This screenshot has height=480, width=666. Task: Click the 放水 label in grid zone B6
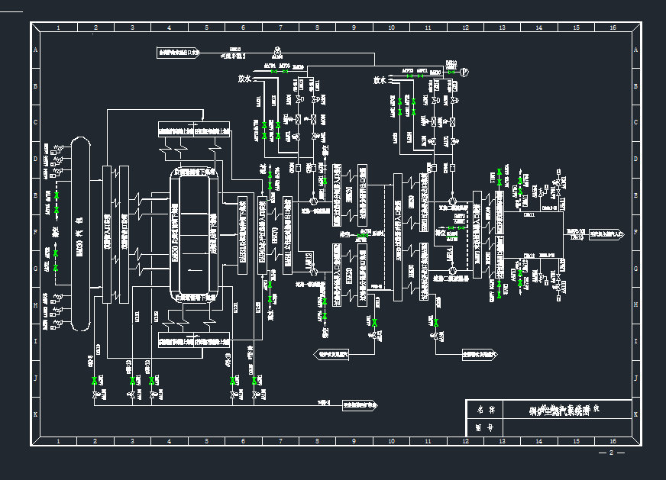pyautogui.click(x=244, y=79)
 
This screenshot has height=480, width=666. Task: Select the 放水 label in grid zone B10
pyautogui.click(x=380, y=79)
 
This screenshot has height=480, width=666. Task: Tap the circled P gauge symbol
pyautogui.click(x=463, y=72)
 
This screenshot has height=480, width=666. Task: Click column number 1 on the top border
pyautogui.click(x=58, y=27)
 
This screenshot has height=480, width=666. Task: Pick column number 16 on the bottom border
pyautogui.click(x=613, y=441)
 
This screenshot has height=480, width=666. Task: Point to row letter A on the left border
pyautogui.click(x=35, y=51)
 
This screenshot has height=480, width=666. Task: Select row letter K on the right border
pyautogui.click(x=635, y=414)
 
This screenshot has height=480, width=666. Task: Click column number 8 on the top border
pyautogui.click(x=317, y=27)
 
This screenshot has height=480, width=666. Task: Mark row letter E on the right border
pyautogui.click(x=635, y=196)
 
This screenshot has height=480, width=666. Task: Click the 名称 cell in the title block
pyautogui.click(x=486, y=410)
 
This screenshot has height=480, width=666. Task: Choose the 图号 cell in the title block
pyautogui.click(x=486, y=429)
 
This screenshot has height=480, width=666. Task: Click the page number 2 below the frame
pyautogui.click(x=611, y=453)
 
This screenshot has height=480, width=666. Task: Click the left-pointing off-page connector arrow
pyautogui.click(x=331, y=354)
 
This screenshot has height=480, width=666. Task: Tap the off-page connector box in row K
pyautogui.click(x=360, y=405)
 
